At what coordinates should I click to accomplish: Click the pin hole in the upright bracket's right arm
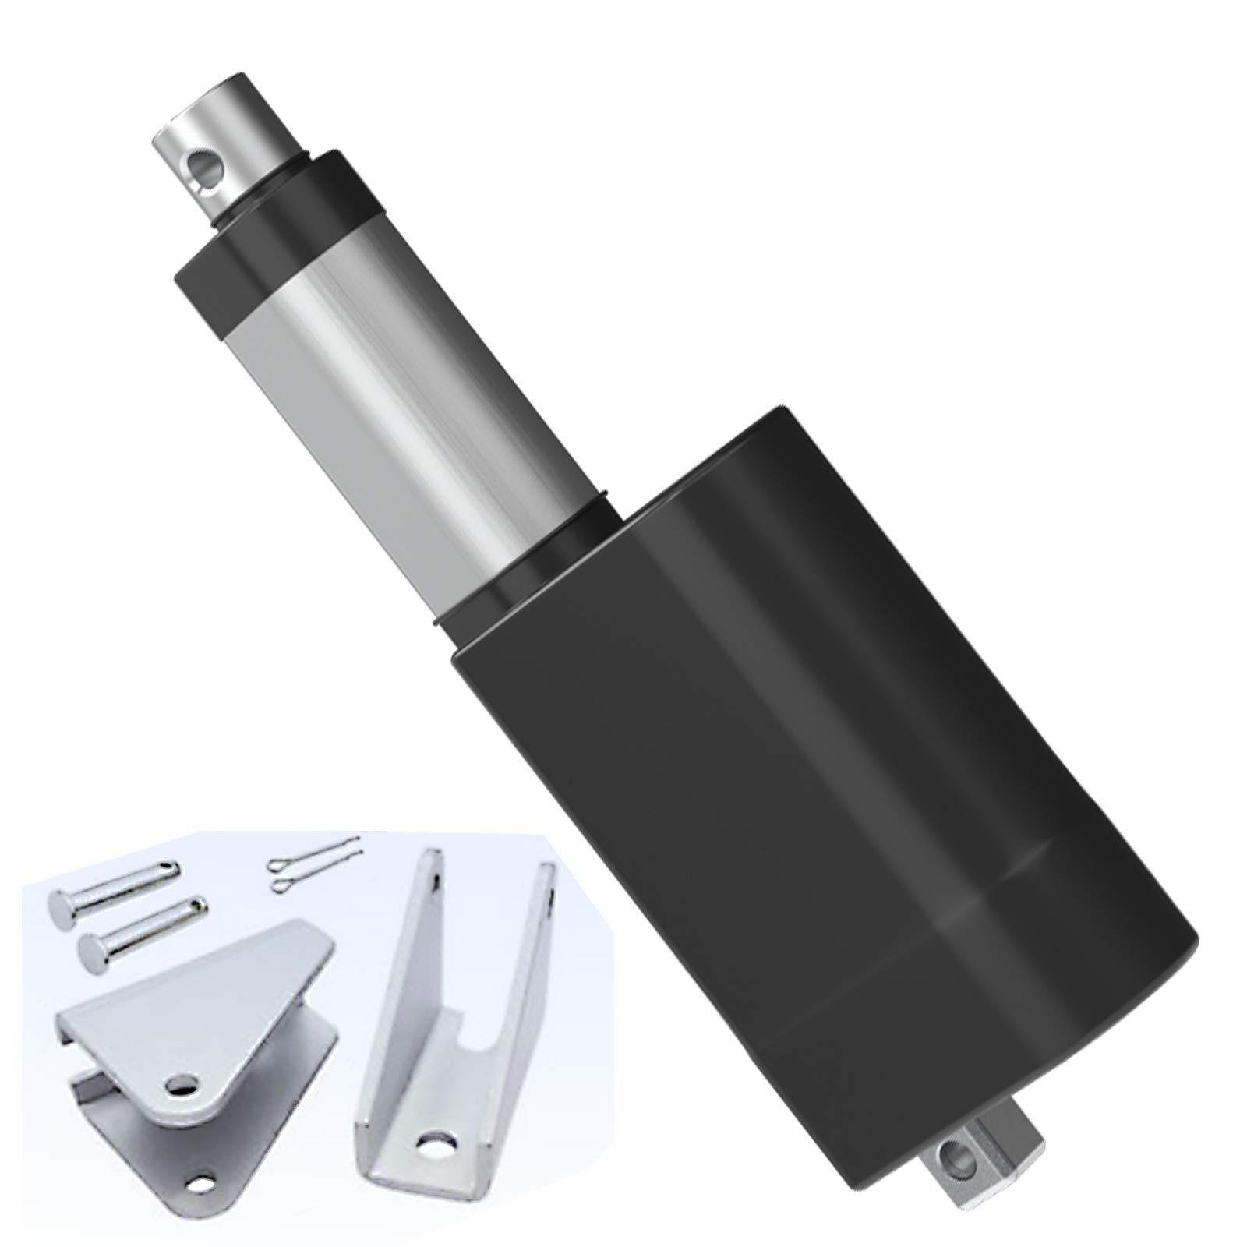pos(552,895)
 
